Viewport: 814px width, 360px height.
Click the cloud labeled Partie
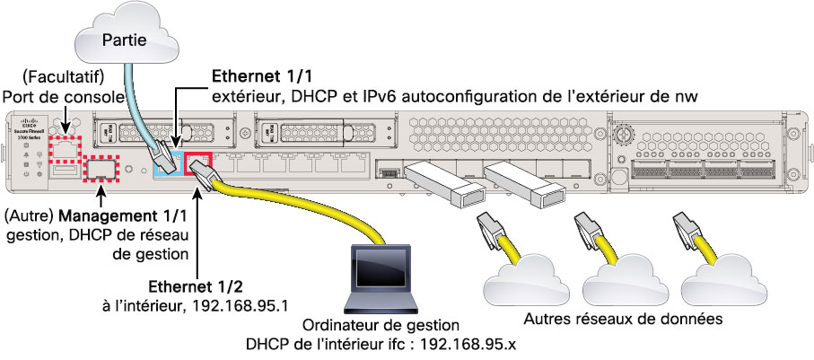tap(126, 39)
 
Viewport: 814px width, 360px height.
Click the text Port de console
tap(55, 96)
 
